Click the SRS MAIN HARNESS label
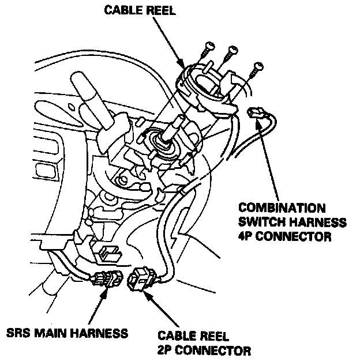(66, 333)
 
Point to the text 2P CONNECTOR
(203, 350)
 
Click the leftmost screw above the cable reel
(205, 52)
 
